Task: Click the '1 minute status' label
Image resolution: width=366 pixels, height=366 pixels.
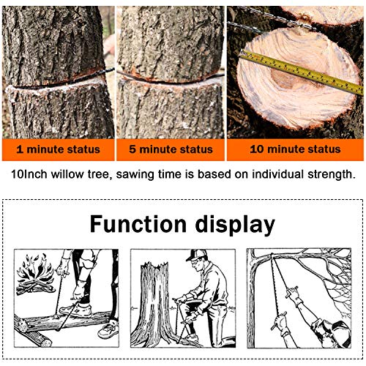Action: (x=58, y=149)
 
